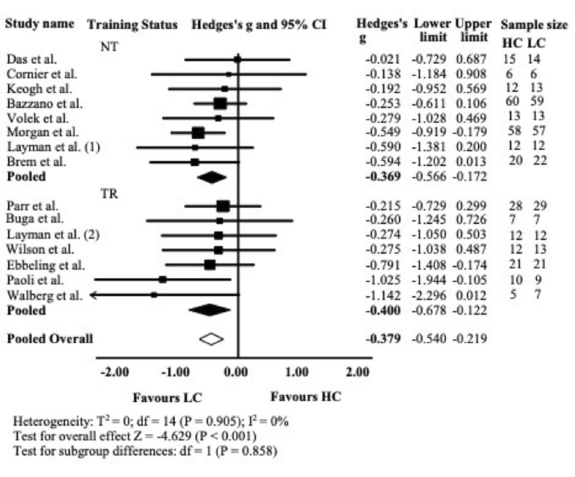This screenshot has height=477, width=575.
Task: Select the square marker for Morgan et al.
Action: pos(198,132)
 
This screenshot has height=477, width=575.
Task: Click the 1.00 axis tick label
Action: pos(297,373)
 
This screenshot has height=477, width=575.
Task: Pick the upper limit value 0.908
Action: pos(473,74)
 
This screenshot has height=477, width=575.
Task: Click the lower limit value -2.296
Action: pos(430,295)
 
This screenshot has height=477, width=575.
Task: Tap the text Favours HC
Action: pos(306,396)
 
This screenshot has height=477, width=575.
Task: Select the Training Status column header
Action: pos(132,25)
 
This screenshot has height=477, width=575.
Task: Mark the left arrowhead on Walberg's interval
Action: pos(94,295)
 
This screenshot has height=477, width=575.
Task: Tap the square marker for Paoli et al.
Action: pos(162,279)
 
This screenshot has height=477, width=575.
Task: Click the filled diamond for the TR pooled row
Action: pos(209,310)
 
